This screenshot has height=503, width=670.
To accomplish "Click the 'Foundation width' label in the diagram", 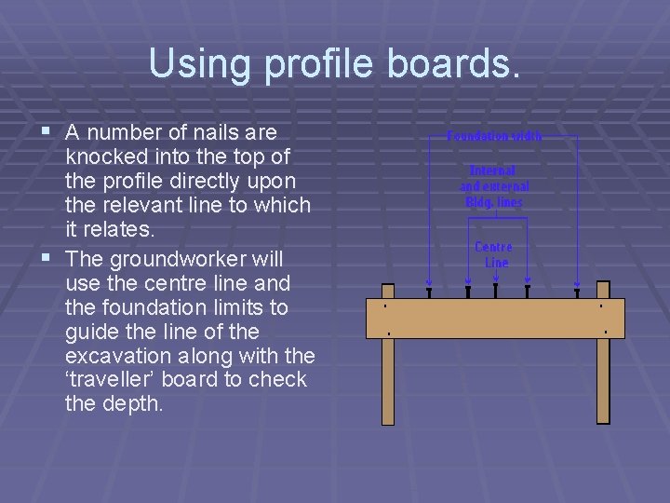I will click(494, 136).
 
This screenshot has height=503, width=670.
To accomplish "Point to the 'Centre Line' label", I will click(494, 254).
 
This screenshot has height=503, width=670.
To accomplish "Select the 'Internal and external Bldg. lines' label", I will click(494, 186).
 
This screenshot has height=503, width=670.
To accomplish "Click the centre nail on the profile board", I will click(496, 292).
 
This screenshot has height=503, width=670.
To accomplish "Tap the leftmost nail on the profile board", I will click(428, 292).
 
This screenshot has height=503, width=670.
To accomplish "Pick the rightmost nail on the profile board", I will click(577, 292).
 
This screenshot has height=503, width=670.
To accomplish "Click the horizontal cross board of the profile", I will click(502, 318).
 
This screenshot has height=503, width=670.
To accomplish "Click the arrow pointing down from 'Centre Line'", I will click(496, 279).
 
